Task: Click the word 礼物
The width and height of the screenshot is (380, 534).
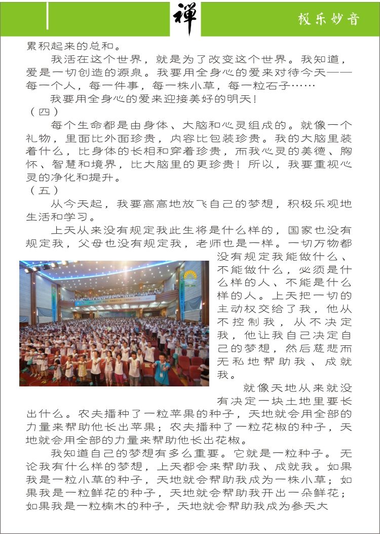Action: point(39,138)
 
